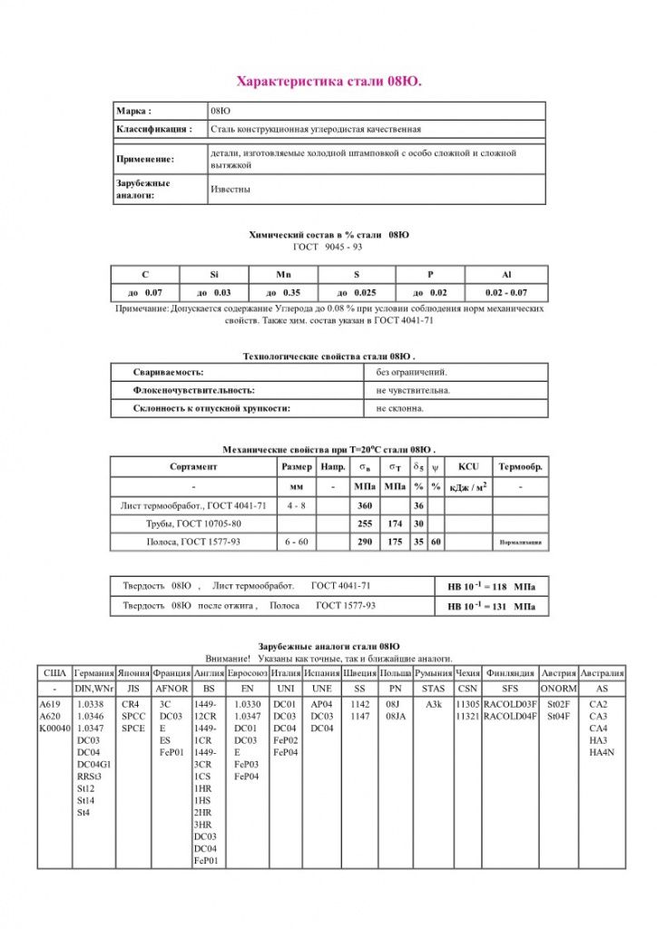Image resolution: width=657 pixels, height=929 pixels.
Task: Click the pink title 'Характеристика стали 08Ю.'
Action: point(328,83)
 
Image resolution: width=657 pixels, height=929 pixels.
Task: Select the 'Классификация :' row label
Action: point(154,130)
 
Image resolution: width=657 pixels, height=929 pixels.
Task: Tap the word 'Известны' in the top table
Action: point(230,190)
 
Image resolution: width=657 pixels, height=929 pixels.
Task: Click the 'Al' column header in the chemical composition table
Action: point(506,274)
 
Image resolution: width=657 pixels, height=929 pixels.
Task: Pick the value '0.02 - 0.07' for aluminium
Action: point(506,293)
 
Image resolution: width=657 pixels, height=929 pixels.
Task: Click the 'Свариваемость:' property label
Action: point(168,372)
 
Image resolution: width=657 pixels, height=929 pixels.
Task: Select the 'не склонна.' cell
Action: point(400,408)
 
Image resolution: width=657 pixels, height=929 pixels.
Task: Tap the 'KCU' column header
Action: point(468,466)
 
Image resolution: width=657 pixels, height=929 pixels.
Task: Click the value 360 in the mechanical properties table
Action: point(365,505)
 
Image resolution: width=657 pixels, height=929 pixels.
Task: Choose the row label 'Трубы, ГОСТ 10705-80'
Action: point(193,523)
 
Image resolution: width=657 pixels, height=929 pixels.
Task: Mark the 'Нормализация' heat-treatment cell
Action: point(521,543)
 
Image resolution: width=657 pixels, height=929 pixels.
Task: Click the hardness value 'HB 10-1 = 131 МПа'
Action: point(491,605)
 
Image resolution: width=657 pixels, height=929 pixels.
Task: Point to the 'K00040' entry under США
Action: point(54,728)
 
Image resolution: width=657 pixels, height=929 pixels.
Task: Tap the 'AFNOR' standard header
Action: point(172,689)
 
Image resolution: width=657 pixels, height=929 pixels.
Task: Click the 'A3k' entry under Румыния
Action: point(434,704)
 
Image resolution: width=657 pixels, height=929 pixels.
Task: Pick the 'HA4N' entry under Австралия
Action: point(602,752)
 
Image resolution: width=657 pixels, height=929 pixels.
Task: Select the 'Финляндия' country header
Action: point(510,674)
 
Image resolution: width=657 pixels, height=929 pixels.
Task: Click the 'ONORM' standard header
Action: point(558,689)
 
